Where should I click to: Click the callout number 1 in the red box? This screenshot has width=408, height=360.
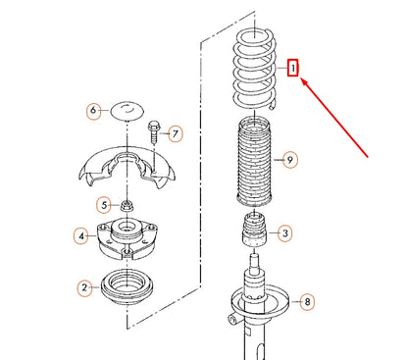tap(292, 69)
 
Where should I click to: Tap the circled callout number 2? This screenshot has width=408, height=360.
tap(85, 286)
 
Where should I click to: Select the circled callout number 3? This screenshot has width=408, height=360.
tap(285, 232)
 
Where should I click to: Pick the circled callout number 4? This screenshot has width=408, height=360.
tap(82, 235)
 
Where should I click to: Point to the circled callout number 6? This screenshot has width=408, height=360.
tap(94, 111)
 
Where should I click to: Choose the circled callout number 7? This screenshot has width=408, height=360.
tap(176, 132)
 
